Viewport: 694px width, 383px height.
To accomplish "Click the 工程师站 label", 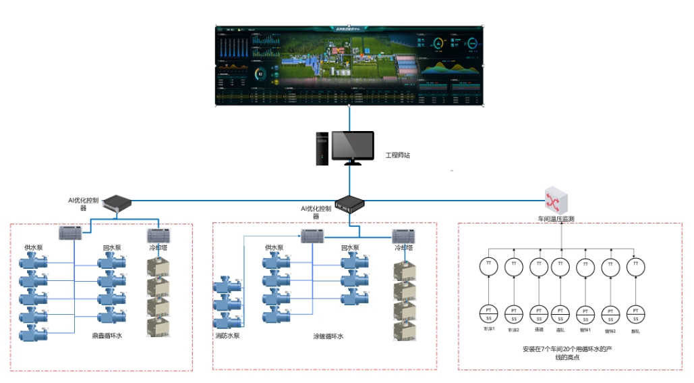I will [397, 155].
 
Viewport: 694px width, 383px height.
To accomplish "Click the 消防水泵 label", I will [227, 336].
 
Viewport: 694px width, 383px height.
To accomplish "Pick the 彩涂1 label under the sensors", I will [488, 330].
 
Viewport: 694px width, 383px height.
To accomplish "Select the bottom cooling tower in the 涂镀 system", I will [405, 330].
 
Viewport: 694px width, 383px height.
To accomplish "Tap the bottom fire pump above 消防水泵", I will [227, 321].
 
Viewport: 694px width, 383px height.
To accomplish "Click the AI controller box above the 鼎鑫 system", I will [116, 202].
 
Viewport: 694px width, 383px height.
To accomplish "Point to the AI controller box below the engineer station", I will [350, 202].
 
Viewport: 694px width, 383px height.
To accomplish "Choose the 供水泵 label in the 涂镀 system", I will [274, 248].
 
